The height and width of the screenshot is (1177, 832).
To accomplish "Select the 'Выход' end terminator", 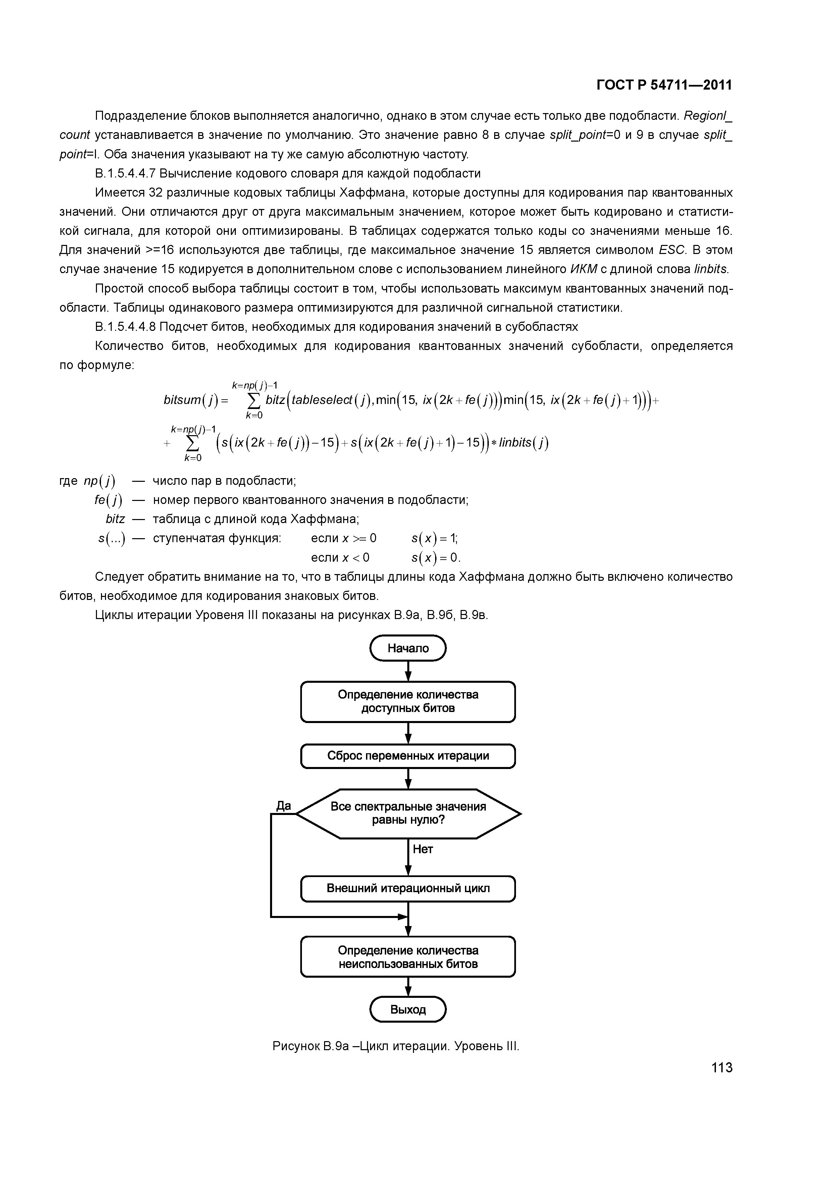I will tap(408, 1009).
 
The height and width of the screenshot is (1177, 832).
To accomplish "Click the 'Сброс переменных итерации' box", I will tap(408, 756).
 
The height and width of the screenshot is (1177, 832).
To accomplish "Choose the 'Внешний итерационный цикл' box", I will tap(408, 888).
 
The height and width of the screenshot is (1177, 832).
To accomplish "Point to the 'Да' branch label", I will tap(283, 806).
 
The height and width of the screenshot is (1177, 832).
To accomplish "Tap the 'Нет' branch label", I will tap(423, 850).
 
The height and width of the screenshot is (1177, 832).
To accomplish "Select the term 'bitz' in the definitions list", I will tap(115, 519).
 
